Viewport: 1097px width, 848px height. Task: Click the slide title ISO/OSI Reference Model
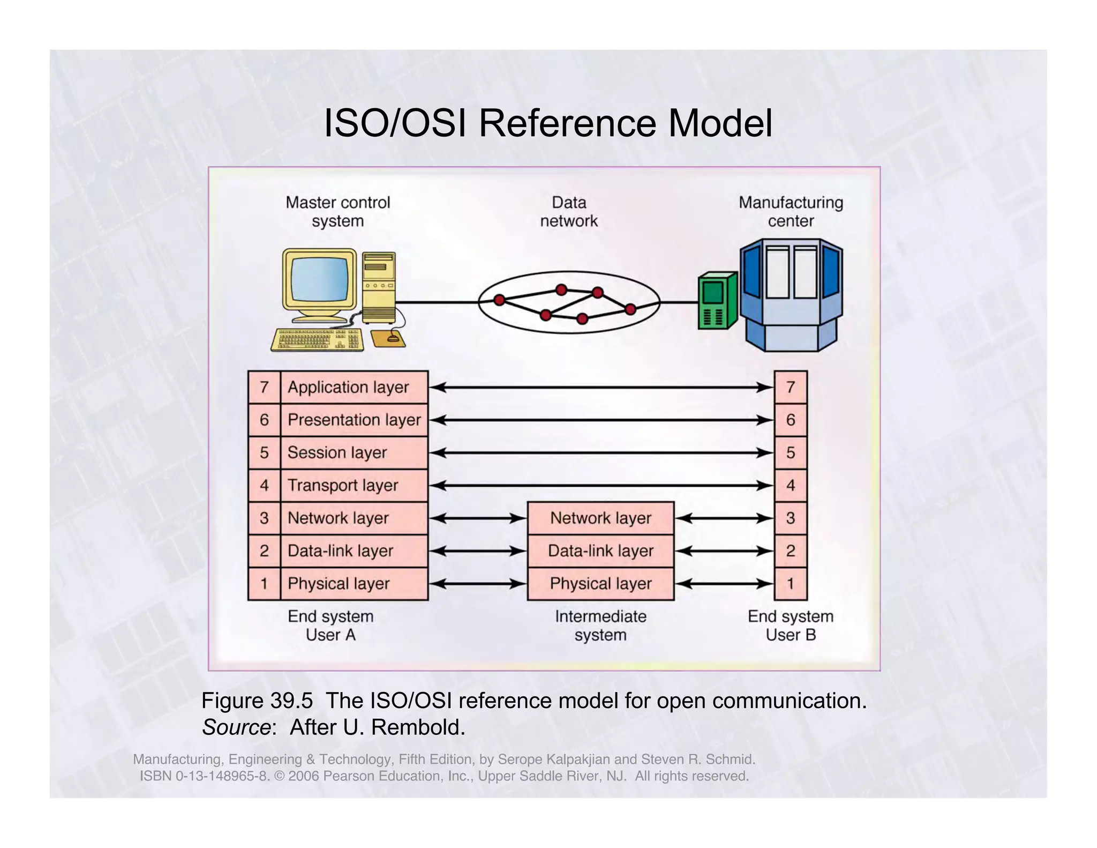548,124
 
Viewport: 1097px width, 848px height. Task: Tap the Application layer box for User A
354,387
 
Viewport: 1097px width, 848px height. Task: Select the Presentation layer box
354,420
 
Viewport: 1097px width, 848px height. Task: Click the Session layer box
354,453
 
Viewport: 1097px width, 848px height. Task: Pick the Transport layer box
354,486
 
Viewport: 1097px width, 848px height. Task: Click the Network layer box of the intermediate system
600,518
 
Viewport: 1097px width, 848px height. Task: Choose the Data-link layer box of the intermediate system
600,551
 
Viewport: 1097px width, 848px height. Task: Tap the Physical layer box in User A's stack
354,584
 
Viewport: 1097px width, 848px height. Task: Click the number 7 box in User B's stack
791,387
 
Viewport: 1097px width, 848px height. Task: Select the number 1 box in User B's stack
791,584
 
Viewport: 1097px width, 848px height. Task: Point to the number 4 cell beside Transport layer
264,486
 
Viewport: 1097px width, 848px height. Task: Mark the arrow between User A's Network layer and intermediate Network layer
478,518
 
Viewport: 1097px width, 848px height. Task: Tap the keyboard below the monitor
317,340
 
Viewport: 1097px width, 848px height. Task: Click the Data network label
569,212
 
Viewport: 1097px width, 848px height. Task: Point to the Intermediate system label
600,626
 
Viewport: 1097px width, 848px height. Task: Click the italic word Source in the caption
236,727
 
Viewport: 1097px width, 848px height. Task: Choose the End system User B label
791,626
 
